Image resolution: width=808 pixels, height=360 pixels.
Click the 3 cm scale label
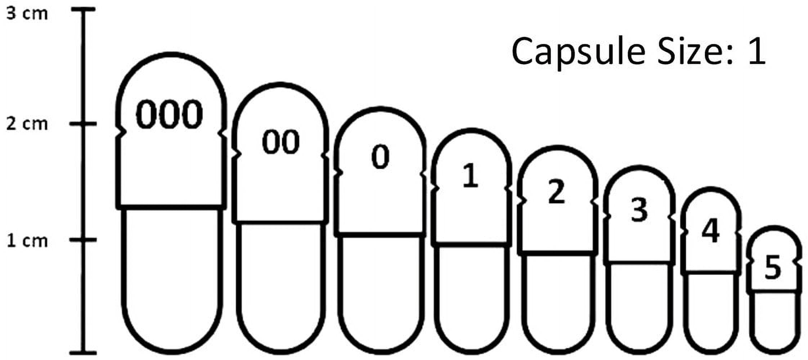[27, 14]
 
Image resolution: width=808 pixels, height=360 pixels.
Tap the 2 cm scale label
[27, 124]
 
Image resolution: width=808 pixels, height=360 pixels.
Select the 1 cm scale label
[27, 240]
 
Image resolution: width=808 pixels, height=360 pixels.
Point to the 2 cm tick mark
[83, 124]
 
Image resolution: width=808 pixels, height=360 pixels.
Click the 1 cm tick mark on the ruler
[83, 240]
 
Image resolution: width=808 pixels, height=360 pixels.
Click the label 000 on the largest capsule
[169, 114]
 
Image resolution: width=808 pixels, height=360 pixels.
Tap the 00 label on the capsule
[280, 142]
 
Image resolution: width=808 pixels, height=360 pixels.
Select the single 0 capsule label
[380, 157]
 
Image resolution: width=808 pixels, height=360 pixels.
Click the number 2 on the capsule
[556, 192]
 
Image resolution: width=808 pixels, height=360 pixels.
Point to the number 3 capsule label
[639, 210]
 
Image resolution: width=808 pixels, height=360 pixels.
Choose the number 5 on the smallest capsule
[773, 267]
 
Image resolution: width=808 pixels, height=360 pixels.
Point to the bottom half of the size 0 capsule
[381, 292]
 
